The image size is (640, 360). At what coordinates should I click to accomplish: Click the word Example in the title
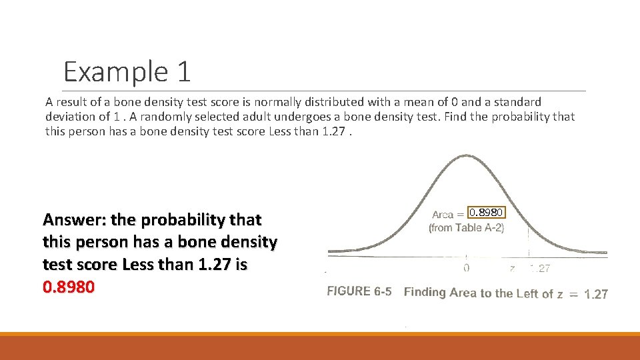point(114,71)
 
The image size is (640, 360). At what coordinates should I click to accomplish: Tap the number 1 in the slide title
point(183,71)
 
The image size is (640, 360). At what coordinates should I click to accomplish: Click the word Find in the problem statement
point(461,117)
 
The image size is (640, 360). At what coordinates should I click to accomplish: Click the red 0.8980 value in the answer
point(69,287)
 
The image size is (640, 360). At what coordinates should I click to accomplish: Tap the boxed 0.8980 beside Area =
point(486,213)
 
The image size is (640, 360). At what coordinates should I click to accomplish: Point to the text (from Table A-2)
point(466,228)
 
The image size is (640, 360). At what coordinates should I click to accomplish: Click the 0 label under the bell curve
point(466,268)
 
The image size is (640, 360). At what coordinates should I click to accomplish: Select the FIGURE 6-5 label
point(358,291)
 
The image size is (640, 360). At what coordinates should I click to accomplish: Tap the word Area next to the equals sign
point(443,215)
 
